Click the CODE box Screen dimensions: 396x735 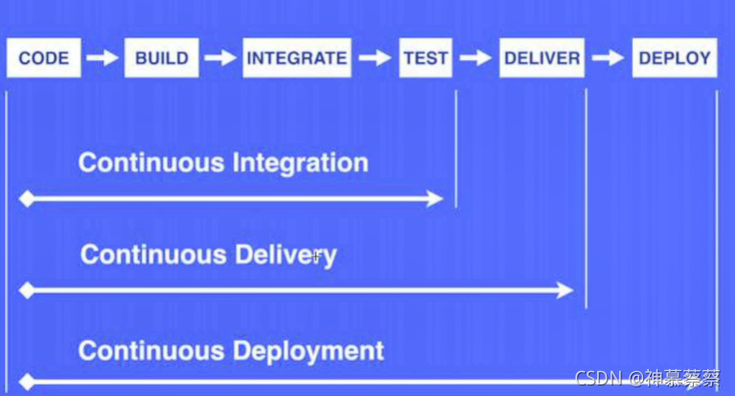pyautogui.click(x=44, y=57)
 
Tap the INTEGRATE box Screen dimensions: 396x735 pyautogui.click(x=297, y=57)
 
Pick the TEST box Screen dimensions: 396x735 pyautogui.click(x=426, y=57)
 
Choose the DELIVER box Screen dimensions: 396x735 pyautogui.click(x=542, y=57)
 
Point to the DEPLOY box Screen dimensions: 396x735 pyautogui.click(x=675, y=57)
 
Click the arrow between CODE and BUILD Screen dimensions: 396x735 pyautogui.click(x=100, y=57)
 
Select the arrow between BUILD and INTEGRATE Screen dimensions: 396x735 pyautogui.click(x=219, y=57)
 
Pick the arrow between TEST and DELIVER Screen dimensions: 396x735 pyautogui.click(x=476, y=57)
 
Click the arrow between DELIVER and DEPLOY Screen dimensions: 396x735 pyautogui.click(x=607, y=57)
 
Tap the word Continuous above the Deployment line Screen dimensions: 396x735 pyautogui.click(x=147, y=350)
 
